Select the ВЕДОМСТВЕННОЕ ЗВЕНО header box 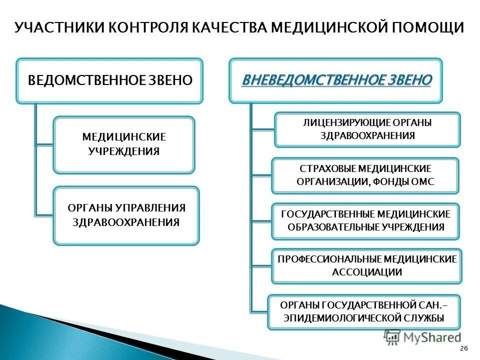(109, 80)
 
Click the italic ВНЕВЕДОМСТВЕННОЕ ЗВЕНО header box (336, 80)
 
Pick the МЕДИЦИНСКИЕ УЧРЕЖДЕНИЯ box (124, 144)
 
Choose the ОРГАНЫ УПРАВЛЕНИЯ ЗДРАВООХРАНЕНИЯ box (126, 215)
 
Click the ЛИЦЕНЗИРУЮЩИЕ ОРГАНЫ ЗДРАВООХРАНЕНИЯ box (367, 129)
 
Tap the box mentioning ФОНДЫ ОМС (365, 175)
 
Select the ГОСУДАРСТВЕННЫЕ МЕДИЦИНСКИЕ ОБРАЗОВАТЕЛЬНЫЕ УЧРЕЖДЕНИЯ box (365, 220)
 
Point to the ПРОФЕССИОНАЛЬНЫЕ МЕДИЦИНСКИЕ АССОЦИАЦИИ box (366, 265)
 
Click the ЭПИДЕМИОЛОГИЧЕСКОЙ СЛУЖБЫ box (364, 311)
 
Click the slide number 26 (463, 348)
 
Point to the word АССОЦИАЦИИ (367, 272)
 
